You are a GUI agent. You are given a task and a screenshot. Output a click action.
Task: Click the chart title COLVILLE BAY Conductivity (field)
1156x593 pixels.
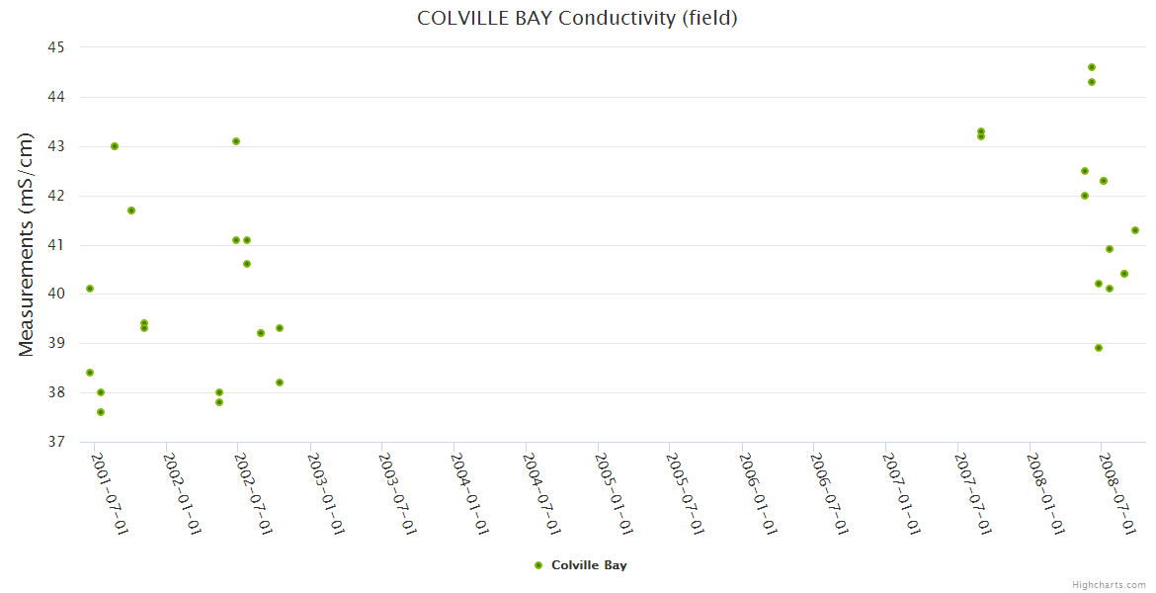coord(577,18)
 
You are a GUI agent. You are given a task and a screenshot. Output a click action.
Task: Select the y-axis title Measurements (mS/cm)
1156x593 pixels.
coord(28,244)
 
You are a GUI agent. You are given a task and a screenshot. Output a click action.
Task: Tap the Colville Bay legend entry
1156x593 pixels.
coord(580,565)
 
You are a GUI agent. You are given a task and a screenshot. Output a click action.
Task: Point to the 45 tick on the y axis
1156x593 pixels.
coord(55,47)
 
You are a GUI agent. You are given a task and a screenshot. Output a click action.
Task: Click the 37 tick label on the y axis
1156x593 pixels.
coord(55,442)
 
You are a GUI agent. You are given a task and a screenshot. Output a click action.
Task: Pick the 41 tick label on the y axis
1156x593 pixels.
coord(55,245)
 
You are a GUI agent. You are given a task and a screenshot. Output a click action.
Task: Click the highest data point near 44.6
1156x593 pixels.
coord(1092,67)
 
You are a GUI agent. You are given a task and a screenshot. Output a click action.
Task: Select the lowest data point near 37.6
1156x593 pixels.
coord(101,412)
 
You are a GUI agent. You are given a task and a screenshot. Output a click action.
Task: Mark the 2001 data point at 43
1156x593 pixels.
coord(115,146)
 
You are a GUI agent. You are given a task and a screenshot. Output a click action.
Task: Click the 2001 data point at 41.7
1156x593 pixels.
coord(131,211)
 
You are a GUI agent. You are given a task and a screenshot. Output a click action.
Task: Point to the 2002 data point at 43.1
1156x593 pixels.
coord(236,141)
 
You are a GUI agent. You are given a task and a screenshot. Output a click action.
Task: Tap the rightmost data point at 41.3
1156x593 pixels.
coord(1135,230)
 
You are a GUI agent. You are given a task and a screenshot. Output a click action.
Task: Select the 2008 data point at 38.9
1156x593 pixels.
coord(1099,348)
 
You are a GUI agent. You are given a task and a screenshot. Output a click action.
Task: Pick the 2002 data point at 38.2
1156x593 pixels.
coord(280,382)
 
